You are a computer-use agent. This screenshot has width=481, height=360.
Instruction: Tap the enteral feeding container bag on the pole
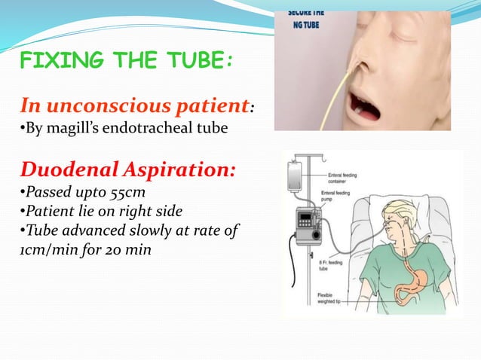[x=299, y=178]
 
